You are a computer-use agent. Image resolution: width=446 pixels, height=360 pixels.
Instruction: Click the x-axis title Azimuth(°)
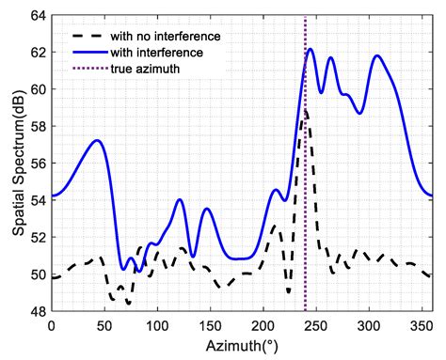tap(241, 347)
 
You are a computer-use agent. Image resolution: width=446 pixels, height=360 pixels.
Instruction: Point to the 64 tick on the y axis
tap(37, 16)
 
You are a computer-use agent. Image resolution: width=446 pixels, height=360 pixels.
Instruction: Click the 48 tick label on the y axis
tap(37, 311)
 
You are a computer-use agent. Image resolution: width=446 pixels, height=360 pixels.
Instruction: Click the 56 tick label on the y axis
tap(37, 164)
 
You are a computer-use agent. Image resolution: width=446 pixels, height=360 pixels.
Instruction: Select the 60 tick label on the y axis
tap(37, 89)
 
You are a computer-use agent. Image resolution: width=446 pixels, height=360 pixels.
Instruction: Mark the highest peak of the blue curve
tap(310, 49)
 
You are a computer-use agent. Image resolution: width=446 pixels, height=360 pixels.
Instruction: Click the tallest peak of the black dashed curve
tap(304, 109)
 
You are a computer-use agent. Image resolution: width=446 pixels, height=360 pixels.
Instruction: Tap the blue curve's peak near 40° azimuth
tap(96, 140)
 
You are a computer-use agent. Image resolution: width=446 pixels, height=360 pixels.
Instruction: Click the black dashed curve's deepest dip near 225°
tap(289, 293)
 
